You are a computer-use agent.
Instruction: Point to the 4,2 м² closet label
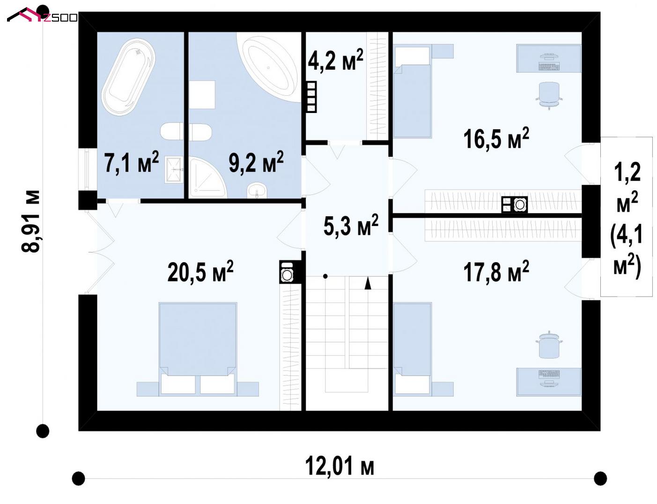point(335,60)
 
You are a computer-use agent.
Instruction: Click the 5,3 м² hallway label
point(351,226)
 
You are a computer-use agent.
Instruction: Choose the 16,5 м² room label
point(496,139)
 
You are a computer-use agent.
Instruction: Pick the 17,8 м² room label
point(496,271)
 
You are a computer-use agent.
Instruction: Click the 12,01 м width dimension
point(340,466)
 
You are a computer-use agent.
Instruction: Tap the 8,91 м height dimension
point(31,221)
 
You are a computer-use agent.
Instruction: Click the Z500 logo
point(42,15)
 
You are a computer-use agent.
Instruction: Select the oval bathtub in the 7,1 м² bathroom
point(128,76)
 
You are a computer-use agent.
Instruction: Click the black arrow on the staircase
point(368,283)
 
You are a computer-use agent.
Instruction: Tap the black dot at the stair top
point(325,276)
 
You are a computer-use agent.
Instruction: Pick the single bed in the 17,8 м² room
point(413,350)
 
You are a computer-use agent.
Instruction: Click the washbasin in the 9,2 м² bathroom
point(257,191)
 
